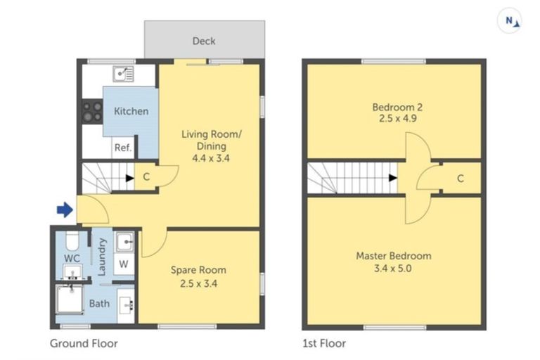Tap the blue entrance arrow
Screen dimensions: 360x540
coord(64,210)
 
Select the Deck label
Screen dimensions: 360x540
coord(204,41)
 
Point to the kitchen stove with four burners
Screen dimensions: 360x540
coord(92,111)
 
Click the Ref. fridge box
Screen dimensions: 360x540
coord(122,148)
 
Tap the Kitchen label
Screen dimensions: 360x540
coord(131,111)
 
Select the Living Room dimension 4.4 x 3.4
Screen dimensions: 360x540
coord(212,158)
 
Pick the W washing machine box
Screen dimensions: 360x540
coord(124,264)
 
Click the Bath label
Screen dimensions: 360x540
coord(99,304)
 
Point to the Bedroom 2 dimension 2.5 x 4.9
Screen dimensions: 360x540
coord(397,120)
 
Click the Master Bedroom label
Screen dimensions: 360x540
coord(394,255)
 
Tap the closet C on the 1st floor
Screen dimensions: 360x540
coord(460,179)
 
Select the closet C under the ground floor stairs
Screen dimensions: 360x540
coord(146,176)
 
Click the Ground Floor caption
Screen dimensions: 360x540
coord(84,344)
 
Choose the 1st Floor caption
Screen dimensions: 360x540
coord(324,344)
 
